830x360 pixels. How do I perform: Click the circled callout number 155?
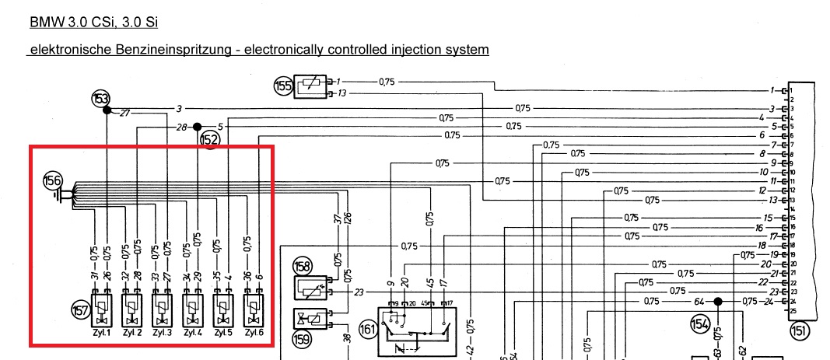click(x=282, y=86)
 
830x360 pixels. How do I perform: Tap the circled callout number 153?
click(x=101, y=99)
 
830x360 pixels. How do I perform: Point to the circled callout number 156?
click(x=52, y=181)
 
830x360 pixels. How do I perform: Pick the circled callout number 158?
click(x=303, y=266)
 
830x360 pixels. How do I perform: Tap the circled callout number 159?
click(x=302, y=339)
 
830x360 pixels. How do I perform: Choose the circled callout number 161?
click(x=369, y=329)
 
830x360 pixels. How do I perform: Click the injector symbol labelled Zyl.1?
click(x=102, y=310)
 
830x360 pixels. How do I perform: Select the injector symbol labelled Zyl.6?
click(x=254, y=310)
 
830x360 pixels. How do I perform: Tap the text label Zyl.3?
click(x=162, y=334)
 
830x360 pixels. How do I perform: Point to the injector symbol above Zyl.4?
click(x=193, y=310)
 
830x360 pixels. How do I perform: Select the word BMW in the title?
click(x=44, y=23)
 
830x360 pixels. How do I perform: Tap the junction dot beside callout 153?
click(x=107, y=110)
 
